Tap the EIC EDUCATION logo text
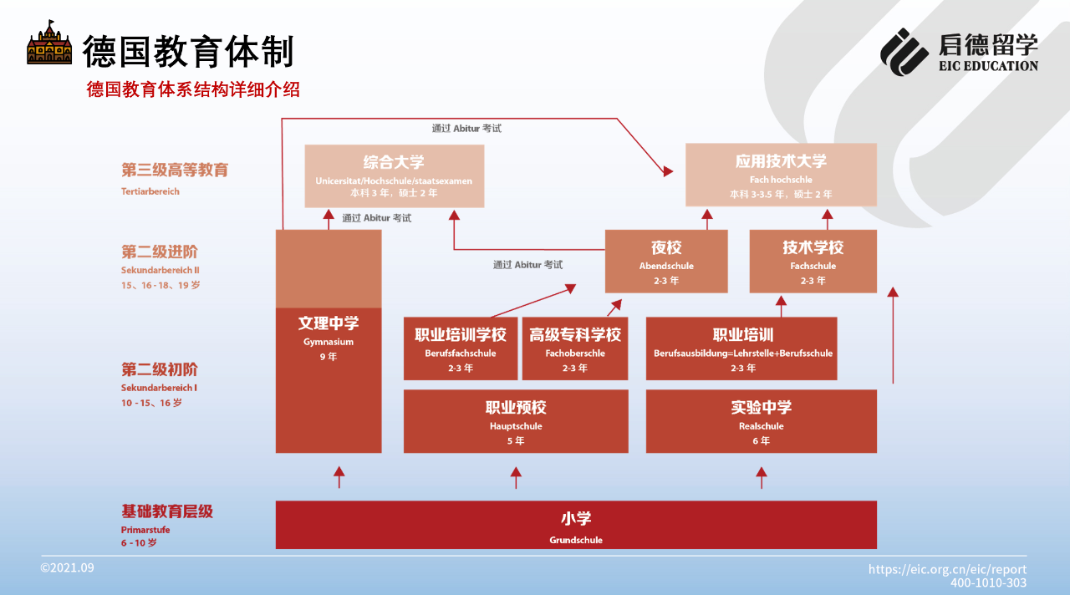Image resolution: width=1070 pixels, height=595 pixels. [x=988, y=66]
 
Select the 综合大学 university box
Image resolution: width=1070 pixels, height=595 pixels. [x=394, y=176]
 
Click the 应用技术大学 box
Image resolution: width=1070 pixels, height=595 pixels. [x=781, y=175]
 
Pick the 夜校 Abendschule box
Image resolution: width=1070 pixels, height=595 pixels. [x=666, y=262]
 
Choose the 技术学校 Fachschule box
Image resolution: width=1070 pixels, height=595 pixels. [x=813, y=262]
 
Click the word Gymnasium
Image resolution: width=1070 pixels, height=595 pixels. [x=329, y=342]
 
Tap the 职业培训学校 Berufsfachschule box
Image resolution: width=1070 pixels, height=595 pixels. [x=461, y=348]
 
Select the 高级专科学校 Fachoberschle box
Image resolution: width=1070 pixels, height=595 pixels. [x=575, y=348]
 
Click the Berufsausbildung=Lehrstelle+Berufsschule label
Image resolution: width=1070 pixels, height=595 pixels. [x=743, y=353]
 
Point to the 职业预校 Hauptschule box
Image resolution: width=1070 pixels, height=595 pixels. [x=516, y=421]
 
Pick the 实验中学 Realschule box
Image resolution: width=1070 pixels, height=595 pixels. [x=762, y=421]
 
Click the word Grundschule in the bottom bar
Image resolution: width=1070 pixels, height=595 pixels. [x=576, y=540]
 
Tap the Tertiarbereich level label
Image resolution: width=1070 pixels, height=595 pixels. [x=150, y=191]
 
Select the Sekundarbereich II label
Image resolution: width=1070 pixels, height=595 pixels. [x=160, y=270]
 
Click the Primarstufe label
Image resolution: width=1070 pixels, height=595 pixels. [x=145, y=530]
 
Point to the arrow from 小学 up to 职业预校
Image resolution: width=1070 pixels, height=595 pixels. [x=516, y=477]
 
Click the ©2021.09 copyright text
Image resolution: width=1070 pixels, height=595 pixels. [x=68, y=567]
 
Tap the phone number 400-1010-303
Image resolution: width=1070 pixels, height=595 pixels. [x=988, y=583]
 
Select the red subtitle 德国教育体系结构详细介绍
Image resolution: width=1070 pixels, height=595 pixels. [x=193, y=89]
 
